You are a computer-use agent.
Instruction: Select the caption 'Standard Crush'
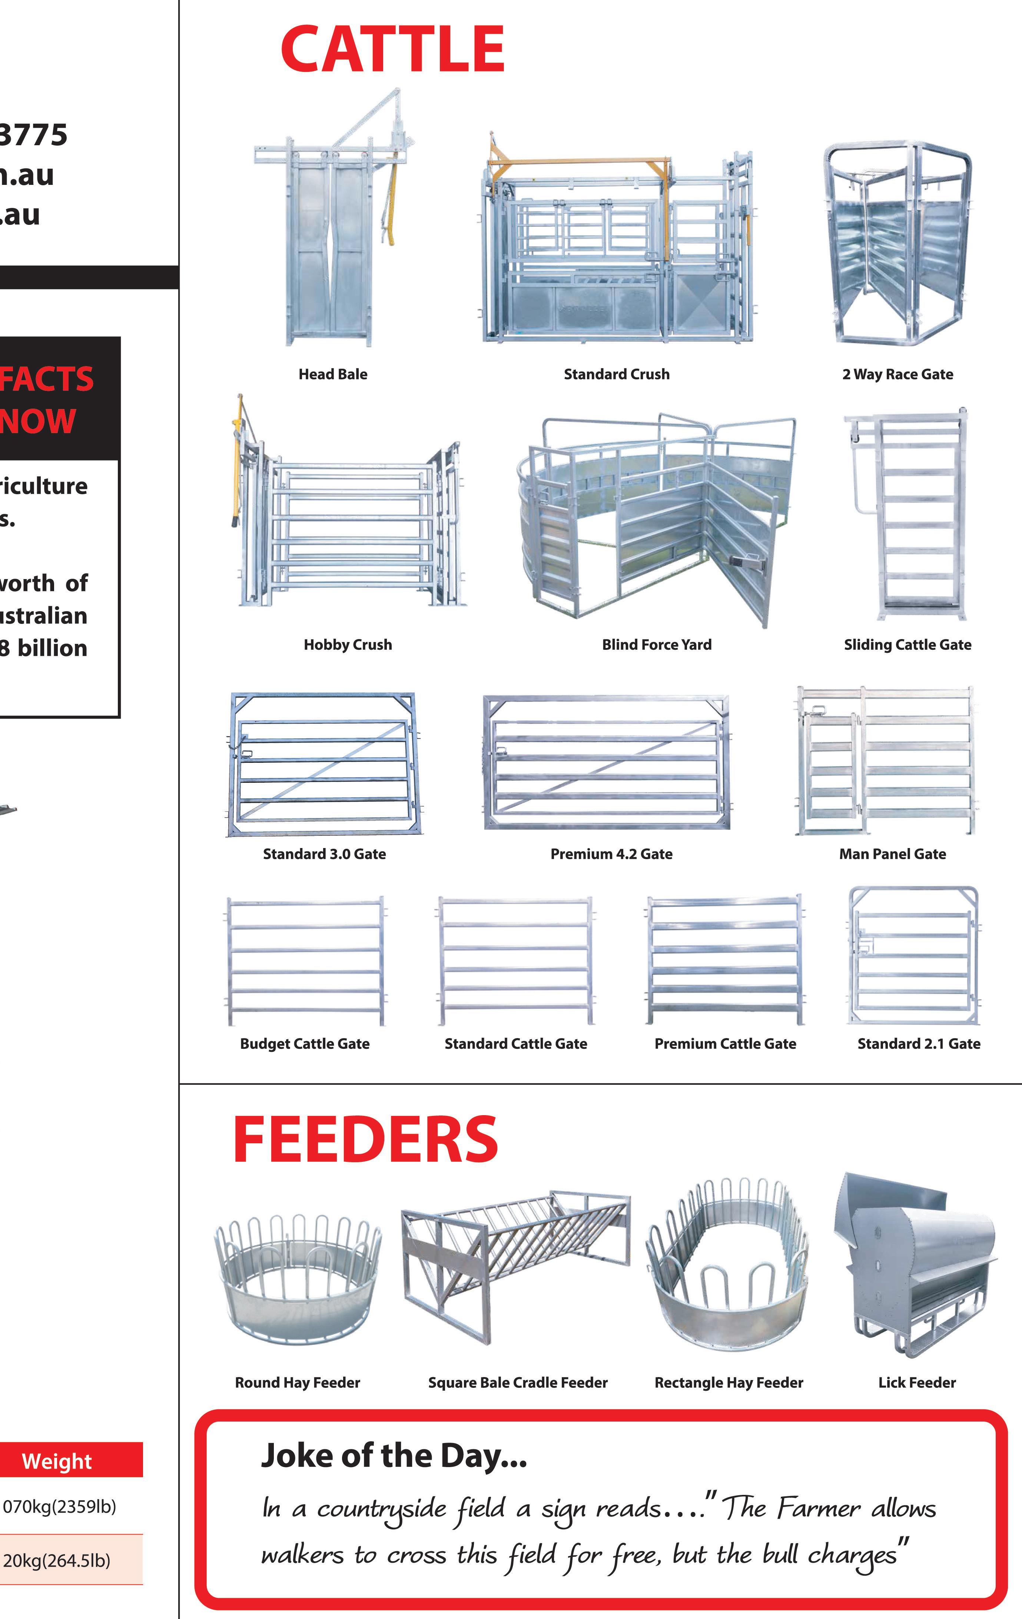click(x=617, y=375)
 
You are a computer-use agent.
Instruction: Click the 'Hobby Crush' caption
click(x=348, y=645)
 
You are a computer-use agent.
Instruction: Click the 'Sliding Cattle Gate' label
click(x=908, y=645)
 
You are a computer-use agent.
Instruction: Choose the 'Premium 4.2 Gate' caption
click(x=611, y=854)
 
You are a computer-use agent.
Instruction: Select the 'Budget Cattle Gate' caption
click(x=305, y=1044)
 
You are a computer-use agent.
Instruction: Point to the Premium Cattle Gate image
click(x=725, y=960)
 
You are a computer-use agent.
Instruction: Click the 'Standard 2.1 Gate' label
click(x=919, y=1044)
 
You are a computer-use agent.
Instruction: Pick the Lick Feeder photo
click(x=915, y=1264)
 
